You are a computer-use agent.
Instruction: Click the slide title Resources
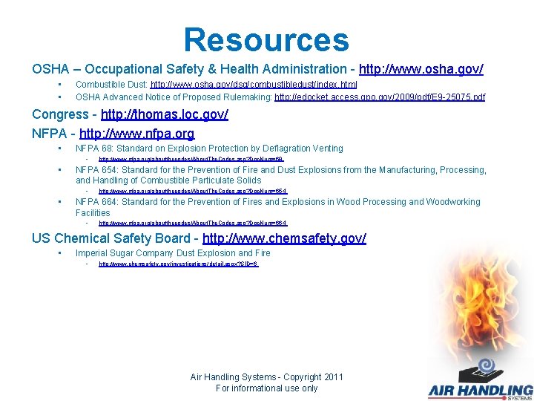point(266,39)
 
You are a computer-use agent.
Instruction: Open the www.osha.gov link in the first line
point(421,69)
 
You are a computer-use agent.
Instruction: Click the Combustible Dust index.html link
point(254,85)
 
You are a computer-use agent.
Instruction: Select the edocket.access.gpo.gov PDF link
point(380,97)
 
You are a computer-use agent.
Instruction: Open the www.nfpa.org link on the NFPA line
point(137,134)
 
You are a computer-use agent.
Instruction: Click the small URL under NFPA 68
point(191,159)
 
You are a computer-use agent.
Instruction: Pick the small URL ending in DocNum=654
point(193,191)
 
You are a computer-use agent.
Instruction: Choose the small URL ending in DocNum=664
point(193,223)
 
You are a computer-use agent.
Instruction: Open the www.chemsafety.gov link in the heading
point(284,238)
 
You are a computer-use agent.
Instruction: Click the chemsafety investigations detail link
point(179,264)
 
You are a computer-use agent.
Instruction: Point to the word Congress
point(60,114)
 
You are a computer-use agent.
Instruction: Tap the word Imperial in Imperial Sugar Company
point(93,253)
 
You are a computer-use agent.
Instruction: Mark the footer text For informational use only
point(266,388)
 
